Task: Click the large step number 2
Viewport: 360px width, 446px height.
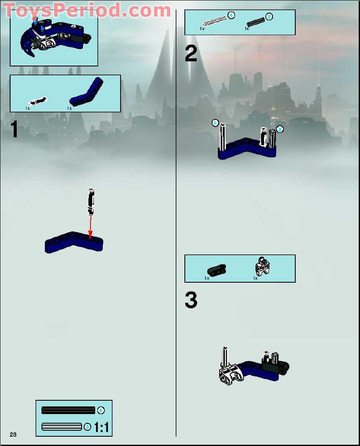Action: [191, 54]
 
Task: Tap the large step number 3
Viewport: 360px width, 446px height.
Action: [191, 300]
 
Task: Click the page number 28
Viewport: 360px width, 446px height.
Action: [13, 435]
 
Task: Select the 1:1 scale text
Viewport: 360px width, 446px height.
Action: [102, 427]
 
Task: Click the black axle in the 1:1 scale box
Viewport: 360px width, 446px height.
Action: [68, 410]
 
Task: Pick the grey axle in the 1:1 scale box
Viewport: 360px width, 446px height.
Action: [62, 427]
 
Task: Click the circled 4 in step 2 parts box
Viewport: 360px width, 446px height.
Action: [231, 15]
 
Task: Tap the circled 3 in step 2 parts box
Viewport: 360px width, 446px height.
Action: [269, 17]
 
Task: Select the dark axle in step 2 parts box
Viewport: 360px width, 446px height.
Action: [255, 22]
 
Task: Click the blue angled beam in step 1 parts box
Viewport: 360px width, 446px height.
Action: [87, 93]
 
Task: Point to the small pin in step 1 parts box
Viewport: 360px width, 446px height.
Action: [37, 101]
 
